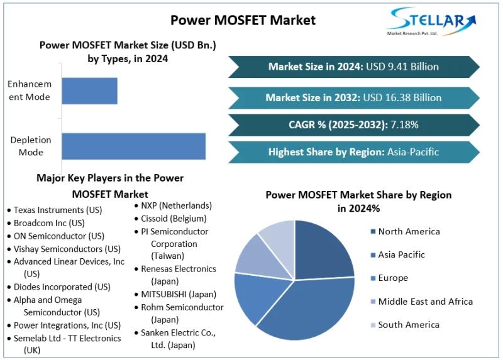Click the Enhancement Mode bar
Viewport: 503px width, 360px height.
[x=89, y=90]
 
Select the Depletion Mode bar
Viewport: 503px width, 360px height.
[x=133, y=146]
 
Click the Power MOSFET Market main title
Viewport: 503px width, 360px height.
[x=243, y=20]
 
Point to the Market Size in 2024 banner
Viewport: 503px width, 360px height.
[x=353, y=67]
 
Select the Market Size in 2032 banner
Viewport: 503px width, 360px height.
[x=353, y=97]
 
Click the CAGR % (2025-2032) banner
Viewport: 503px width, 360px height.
[x=353, y=124]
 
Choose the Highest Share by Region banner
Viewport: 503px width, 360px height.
[x=353, y=151]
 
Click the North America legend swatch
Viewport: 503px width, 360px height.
[x=373, y=232]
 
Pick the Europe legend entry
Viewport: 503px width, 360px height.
[x=393, y=278]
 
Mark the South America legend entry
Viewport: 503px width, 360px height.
[x=409, y=325]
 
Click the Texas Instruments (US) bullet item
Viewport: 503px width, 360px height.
[x=57, y=210]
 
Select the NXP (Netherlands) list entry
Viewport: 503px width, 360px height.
[x=176, y=205]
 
